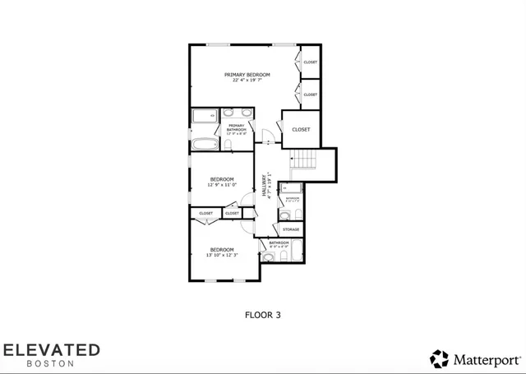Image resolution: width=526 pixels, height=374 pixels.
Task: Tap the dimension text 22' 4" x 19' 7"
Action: pos(247,81)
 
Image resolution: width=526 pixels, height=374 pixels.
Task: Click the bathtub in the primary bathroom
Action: pos(204,145)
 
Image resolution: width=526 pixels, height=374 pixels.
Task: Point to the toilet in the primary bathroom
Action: pos(228,145)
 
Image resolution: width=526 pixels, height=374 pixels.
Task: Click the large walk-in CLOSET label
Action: pos(301,129)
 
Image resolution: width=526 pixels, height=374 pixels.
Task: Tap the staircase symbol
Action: pos(305,159)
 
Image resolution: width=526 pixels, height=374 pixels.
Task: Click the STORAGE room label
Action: pos(291,229)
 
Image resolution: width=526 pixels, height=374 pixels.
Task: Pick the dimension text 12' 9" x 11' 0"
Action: pos(222,185)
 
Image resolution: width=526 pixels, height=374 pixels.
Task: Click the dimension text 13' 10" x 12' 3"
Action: pos(222,255)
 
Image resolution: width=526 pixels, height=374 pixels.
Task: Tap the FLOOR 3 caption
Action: pos(263,313)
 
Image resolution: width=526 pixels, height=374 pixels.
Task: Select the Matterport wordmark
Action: pos(485,358)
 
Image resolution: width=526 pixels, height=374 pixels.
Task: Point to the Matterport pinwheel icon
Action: pos(439,358)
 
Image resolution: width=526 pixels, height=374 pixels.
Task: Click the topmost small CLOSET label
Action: pos(310,62)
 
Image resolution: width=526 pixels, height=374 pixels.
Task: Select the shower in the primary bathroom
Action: pos(204,116)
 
